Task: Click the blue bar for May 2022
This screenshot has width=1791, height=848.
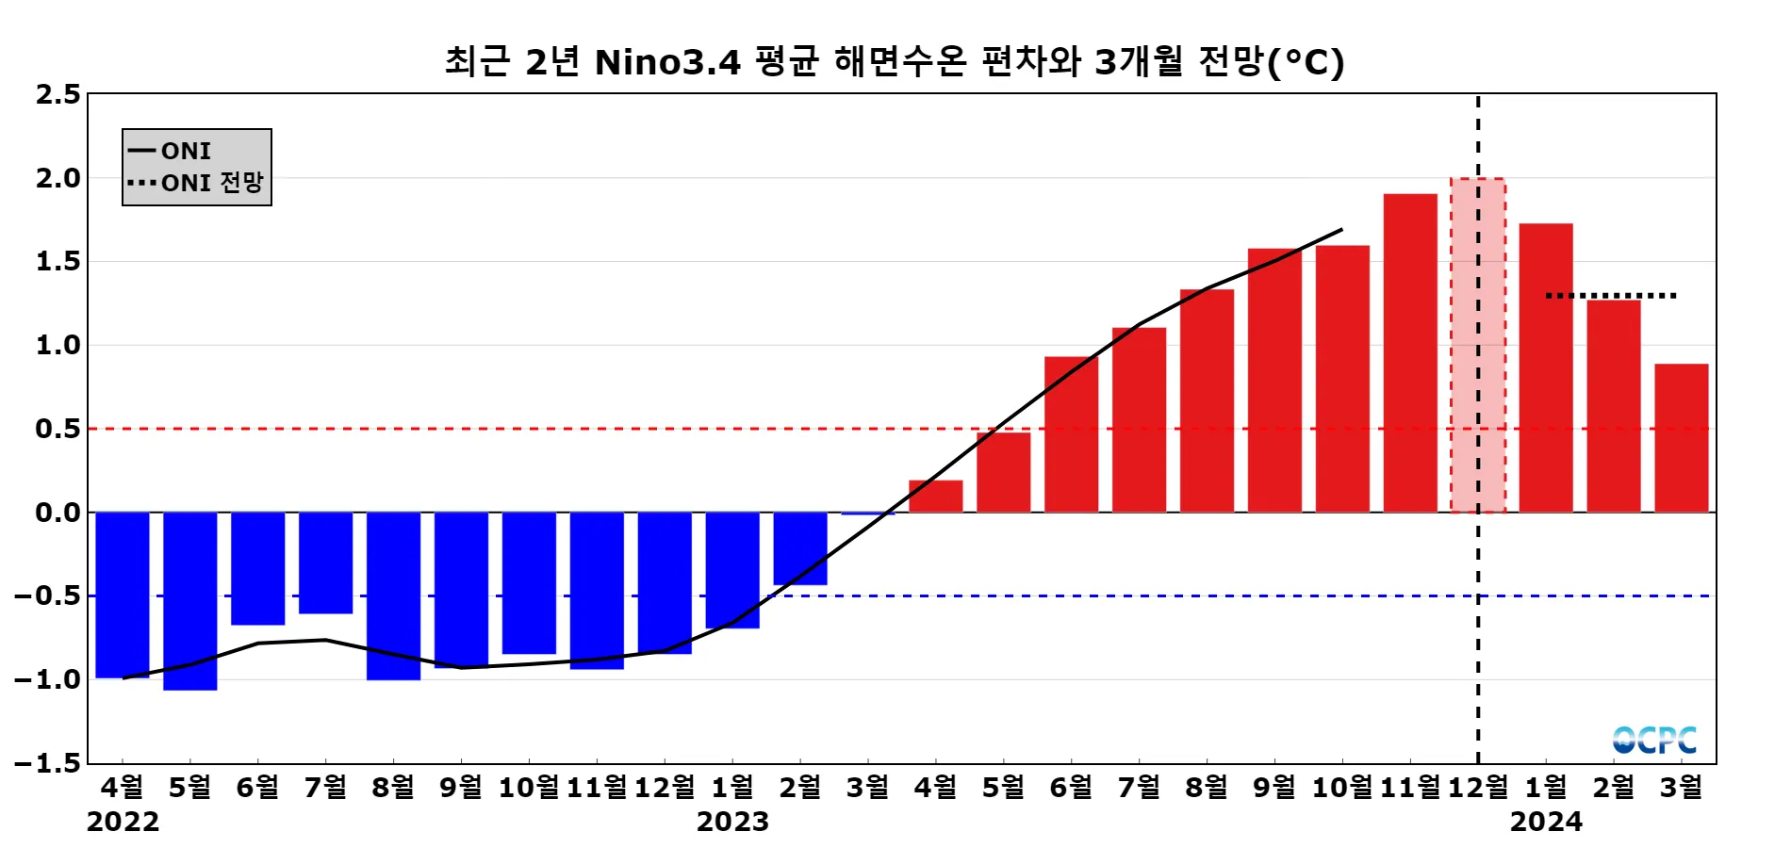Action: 190,601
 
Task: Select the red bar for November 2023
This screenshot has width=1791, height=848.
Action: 1410,353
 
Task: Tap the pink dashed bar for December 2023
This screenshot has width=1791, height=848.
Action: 1477,345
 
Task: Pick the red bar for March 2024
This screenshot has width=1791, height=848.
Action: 1682,438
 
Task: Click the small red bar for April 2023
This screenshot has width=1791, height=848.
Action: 936,497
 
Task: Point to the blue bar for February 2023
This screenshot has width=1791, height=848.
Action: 800,548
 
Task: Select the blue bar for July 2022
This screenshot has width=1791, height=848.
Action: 326,563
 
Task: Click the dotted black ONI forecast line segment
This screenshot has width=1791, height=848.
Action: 1611,296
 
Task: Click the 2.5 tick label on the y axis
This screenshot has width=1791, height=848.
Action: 58,94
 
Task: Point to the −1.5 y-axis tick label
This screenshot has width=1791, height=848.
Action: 49,763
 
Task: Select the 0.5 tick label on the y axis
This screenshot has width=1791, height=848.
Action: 58,429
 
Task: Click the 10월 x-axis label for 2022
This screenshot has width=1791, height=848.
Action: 529,788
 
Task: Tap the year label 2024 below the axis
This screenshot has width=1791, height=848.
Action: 1546,823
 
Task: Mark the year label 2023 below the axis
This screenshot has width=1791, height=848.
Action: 732,823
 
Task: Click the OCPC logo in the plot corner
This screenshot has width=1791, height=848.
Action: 1654,741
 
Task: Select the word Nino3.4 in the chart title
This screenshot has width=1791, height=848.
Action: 667,63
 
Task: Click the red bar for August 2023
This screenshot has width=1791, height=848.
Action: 1207,400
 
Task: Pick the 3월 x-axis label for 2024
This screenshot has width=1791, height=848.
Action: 1682,788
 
